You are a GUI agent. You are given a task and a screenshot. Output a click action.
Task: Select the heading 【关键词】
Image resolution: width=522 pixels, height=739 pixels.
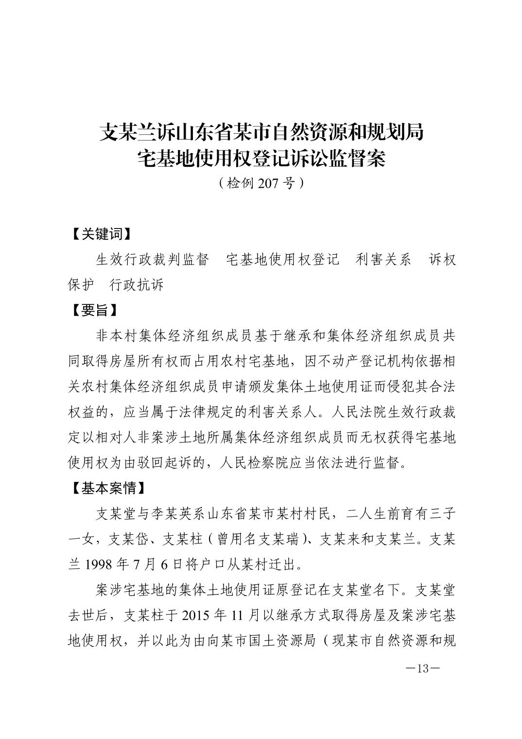tap(101, 234)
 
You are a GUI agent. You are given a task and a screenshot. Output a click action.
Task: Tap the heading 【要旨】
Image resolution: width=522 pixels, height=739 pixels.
tap(93, 310)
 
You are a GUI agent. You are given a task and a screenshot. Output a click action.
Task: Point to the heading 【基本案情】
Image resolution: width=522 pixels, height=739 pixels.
tap(108, 488)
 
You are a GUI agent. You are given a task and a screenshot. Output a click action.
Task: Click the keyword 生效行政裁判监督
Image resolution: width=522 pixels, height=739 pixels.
tap(153, 260)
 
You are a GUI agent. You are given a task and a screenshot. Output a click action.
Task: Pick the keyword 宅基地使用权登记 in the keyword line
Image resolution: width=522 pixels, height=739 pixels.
tap(282, 260)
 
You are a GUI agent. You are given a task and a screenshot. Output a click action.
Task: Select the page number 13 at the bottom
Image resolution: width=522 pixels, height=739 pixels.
tap(422, 669)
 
